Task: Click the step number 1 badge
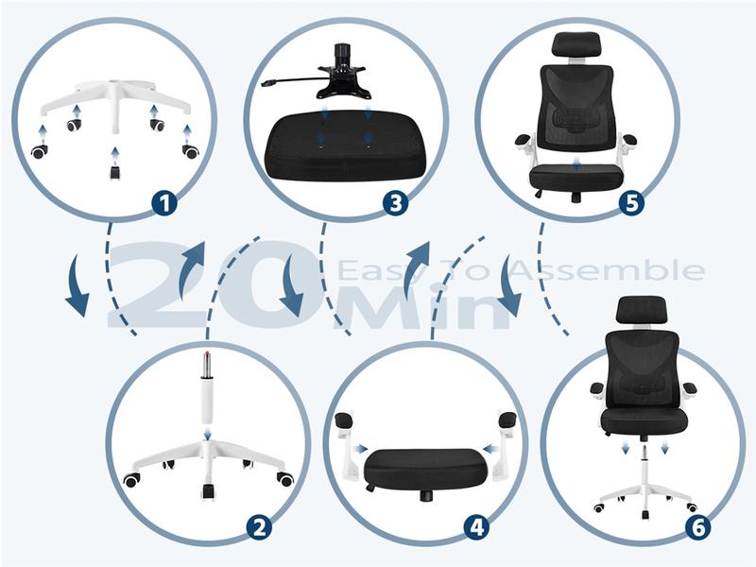(x=164, y=203)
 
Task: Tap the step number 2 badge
(x=259, y=527)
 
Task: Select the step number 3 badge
(x=395, y=203)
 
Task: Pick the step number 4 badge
(x=477, y=527)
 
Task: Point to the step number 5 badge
(x=631, y=203)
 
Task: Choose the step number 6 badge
(x=698, y=527)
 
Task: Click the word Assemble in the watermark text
(x=608, y=270)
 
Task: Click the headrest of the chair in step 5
(x=576, y=43)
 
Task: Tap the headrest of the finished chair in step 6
(x=642, y=309)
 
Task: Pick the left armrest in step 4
(x=345, y=439)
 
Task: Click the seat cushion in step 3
(x=345, y=146)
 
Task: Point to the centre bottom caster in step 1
(x=113, y=172)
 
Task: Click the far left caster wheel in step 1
(x=40, y=151)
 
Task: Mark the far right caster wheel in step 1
(x=190, y=151)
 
